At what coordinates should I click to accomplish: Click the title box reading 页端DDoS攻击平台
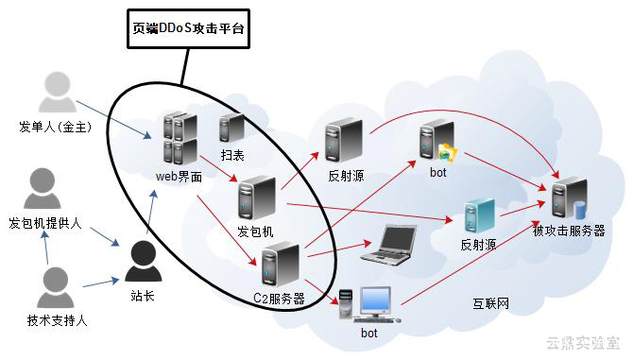tap(187, 28)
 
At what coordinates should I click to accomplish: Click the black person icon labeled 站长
tap(143, 263)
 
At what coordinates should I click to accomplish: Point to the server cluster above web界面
tap(180, 138)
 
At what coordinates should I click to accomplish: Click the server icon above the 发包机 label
tap(256, 199)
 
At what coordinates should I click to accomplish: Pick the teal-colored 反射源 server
tap(479, 216)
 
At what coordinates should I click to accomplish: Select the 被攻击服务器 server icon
tap(569, 197)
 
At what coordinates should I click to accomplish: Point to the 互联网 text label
tap(491, 303)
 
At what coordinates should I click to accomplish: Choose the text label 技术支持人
tap(58, 321)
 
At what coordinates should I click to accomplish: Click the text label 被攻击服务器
tap(569, 231)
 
